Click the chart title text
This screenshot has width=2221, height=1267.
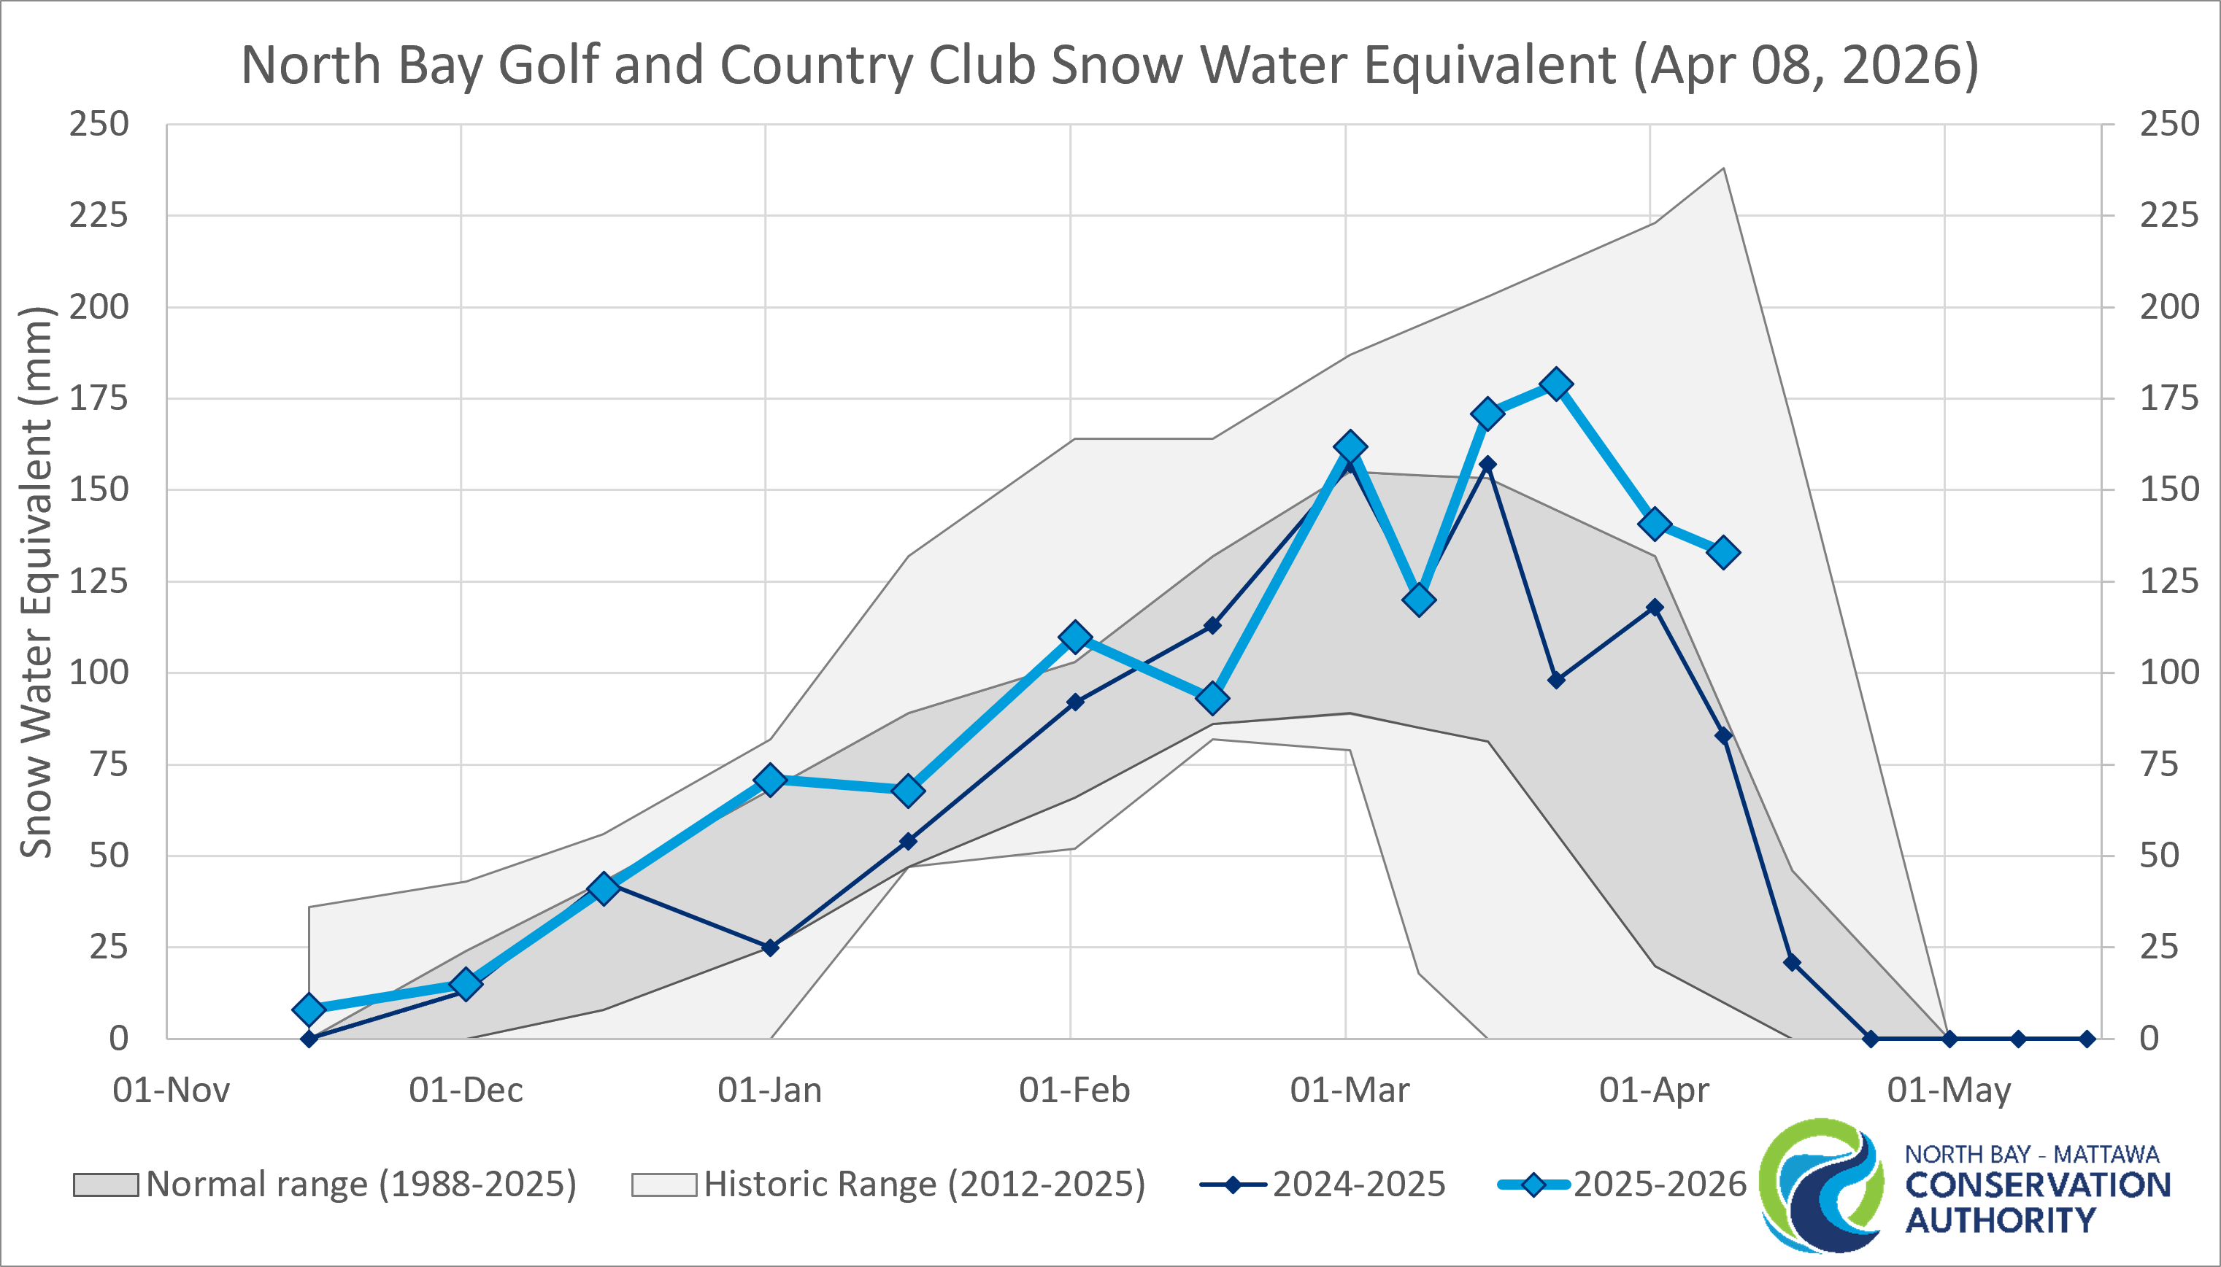[1110, 65]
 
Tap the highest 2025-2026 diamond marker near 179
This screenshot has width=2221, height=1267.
[1556, 384]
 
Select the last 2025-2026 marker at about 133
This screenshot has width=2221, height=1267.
[1724, 553]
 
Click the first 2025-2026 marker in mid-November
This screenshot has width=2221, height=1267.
[309, 1010]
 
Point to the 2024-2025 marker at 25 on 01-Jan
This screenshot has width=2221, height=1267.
[769, 947]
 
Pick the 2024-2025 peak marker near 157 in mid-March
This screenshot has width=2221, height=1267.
[1487, 465]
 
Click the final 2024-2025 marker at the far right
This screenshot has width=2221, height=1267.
[2086, 1038]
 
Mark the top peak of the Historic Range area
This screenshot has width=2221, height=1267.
[1723, 168]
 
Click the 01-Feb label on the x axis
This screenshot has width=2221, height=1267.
[1074, 1090]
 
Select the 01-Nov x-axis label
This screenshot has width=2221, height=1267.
[172, 1090]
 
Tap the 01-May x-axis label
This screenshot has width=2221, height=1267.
[1949, 1090]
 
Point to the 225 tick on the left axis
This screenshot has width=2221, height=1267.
[99, 215]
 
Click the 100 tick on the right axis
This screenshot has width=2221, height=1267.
[2168, 673]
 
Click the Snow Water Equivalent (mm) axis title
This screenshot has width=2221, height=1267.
[36, 581]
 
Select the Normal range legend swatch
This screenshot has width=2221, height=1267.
[105, 1185]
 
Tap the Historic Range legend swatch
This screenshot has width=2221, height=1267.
[663, 1185]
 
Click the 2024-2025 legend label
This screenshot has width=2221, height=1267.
[1358, 1185]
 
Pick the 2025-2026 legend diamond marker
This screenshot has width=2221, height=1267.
[1533, 1185]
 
